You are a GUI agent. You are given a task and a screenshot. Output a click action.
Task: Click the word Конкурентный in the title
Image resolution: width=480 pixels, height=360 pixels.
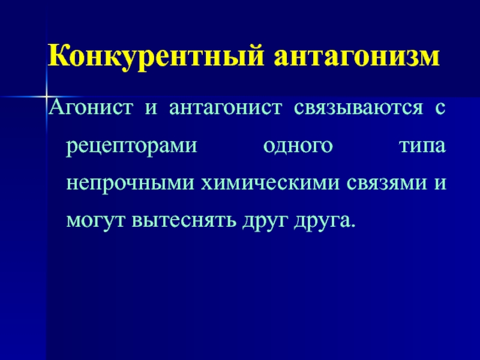(x=155, y=56)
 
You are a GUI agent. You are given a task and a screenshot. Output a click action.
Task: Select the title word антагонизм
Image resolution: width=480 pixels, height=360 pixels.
(x=357, y=56)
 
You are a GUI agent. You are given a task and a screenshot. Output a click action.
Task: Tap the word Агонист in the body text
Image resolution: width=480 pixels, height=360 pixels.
(x=91, y=107)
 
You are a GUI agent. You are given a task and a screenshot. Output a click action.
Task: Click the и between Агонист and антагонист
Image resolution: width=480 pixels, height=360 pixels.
(x=151, y=109)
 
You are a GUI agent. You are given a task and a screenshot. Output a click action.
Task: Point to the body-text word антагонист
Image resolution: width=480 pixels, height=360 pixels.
(x=226, y=109)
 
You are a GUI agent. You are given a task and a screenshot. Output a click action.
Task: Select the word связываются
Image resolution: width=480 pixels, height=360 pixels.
(x=358, y=109)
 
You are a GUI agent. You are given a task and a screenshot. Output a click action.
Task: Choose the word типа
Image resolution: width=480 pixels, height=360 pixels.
(x=422, y=146)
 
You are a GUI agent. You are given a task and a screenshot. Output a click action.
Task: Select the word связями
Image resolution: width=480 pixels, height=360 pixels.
(x=387, y=184)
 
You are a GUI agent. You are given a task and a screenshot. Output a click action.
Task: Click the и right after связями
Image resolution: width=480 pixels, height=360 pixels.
(x=440, y=184)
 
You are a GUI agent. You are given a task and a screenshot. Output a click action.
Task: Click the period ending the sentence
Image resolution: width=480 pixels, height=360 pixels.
(x=353, y=226)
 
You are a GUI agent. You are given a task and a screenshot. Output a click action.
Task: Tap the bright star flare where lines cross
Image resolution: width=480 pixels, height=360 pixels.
(x=47, y=97)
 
